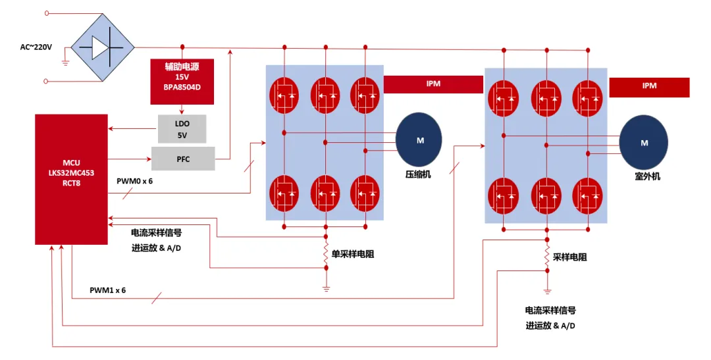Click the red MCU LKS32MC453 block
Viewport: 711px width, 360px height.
coord(71,179)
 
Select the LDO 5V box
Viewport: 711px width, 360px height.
coord(182,129)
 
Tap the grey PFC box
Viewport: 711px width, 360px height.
coord(183,159)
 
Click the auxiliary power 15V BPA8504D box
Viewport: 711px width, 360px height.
coord(182,81)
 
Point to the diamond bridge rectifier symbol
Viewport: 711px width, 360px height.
coord(103,47)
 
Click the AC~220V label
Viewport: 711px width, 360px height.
coord(36,47)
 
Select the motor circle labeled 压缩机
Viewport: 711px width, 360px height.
coord(419,140)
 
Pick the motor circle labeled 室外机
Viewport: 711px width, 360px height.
coord(643,142)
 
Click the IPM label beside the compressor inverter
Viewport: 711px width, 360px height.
coord(433,84)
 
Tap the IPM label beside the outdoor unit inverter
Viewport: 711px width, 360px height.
coord(649,87)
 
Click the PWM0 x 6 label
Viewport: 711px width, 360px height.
coord(135,182)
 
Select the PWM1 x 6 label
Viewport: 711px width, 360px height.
coord(107,290)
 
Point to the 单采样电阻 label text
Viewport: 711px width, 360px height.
coord(353,254)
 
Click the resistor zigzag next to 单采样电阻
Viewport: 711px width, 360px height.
coord(326,253)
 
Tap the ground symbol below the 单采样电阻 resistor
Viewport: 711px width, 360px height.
coord(326,288)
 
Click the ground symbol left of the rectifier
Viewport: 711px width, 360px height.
coord(65,63)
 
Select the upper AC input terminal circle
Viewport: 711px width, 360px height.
coord(46,13)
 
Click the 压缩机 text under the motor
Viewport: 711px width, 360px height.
coord(418,174)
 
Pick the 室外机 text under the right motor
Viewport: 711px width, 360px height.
coord(647,176)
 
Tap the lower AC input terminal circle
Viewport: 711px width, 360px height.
coord(45,81)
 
